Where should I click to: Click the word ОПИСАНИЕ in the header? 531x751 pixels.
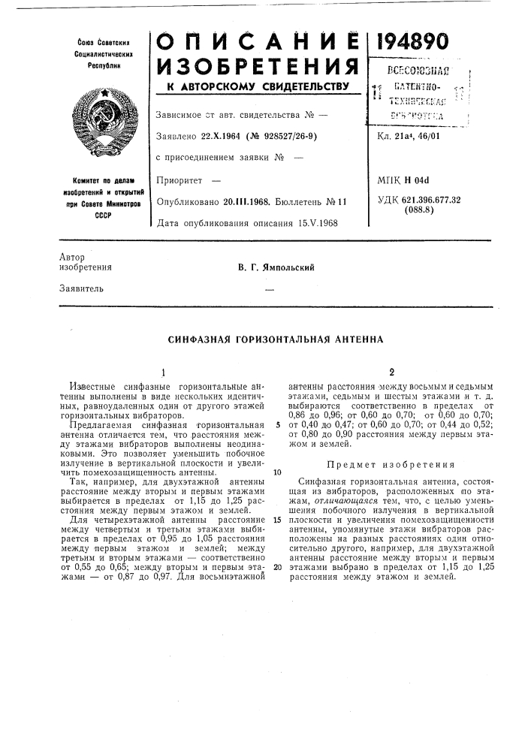[255, 44]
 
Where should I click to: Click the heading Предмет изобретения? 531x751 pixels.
[391, 465]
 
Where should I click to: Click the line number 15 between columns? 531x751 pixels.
[277, 519]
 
